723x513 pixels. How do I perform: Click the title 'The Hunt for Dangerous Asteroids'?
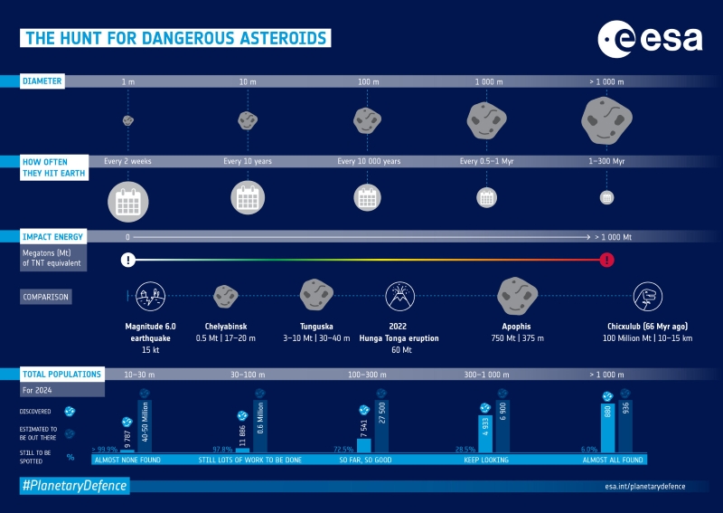pos(175,38)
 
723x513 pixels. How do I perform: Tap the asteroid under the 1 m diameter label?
pos(128,120)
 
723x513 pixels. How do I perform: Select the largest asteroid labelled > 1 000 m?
pos(606,119)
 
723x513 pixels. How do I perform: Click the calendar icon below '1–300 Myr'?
pos(607,197)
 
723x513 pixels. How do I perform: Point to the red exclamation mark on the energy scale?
pos(607,260)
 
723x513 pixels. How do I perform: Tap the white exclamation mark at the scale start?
pos(128,260)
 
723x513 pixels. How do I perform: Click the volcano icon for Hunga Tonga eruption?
pos(399,295)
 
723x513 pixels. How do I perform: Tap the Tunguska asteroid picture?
pos(318,294)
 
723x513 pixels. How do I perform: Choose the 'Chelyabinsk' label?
pos(226,326)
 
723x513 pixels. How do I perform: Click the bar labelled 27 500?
pos(382,426)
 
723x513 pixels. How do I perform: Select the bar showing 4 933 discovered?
pos(484,433)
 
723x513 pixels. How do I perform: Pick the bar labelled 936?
pos(624,426)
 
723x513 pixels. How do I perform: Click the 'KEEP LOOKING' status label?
pos(486,460)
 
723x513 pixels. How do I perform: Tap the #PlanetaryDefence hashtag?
pos(74,486)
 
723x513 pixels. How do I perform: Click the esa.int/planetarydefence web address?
pos(644,486)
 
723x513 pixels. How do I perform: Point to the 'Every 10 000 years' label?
pos(368,161)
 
